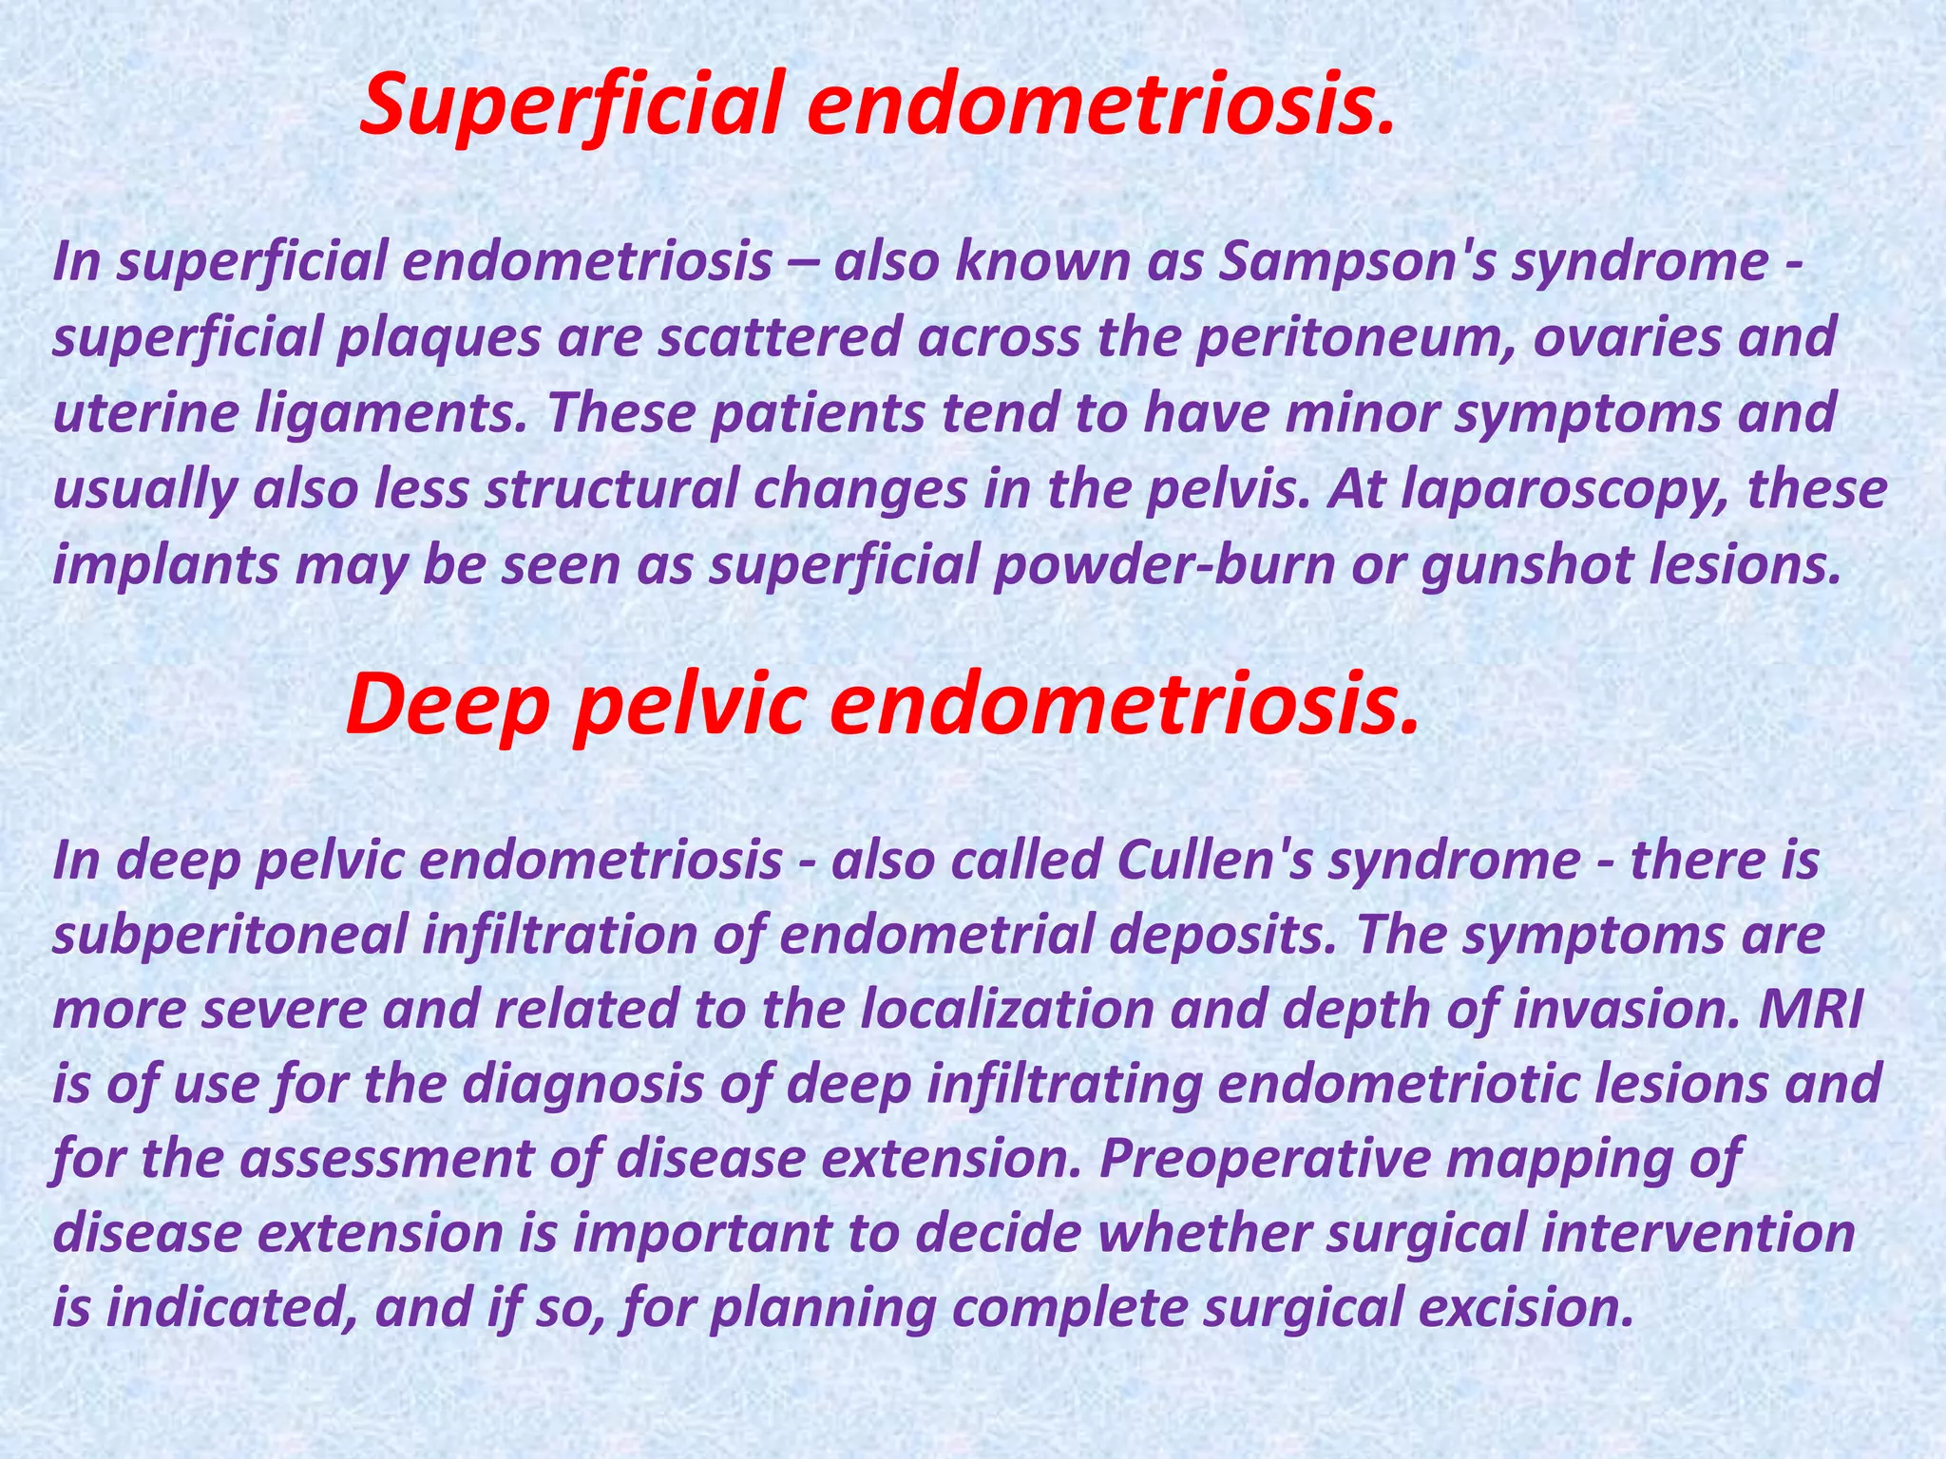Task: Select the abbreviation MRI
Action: [1809, 1009]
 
